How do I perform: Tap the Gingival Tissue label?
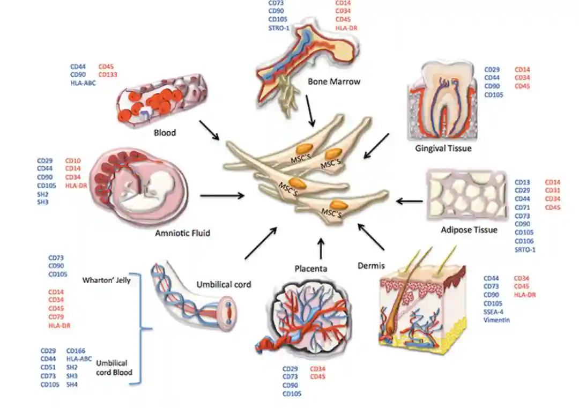[443, 148]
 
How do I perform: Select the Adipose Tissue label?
[469, 230]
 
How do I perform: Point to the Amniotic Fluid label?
[182, 233]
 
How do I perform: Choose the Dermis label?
[371, 265]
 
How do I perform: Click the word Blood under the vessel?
[165, 132]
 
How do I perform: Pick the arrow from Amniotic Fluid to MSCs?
[221, 196]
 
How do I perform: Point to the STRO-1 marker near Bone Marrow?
[279, 28]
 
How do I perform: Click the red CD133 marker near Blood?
[108, 75]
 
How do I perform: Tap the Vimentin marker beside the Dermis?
[496, 320]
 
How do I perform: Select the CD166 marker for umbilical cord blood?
[76, 351]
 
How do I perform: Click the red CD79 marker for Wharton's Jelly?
[56, 317]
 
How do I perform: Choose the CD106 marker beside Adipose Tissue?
[525, 241]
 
